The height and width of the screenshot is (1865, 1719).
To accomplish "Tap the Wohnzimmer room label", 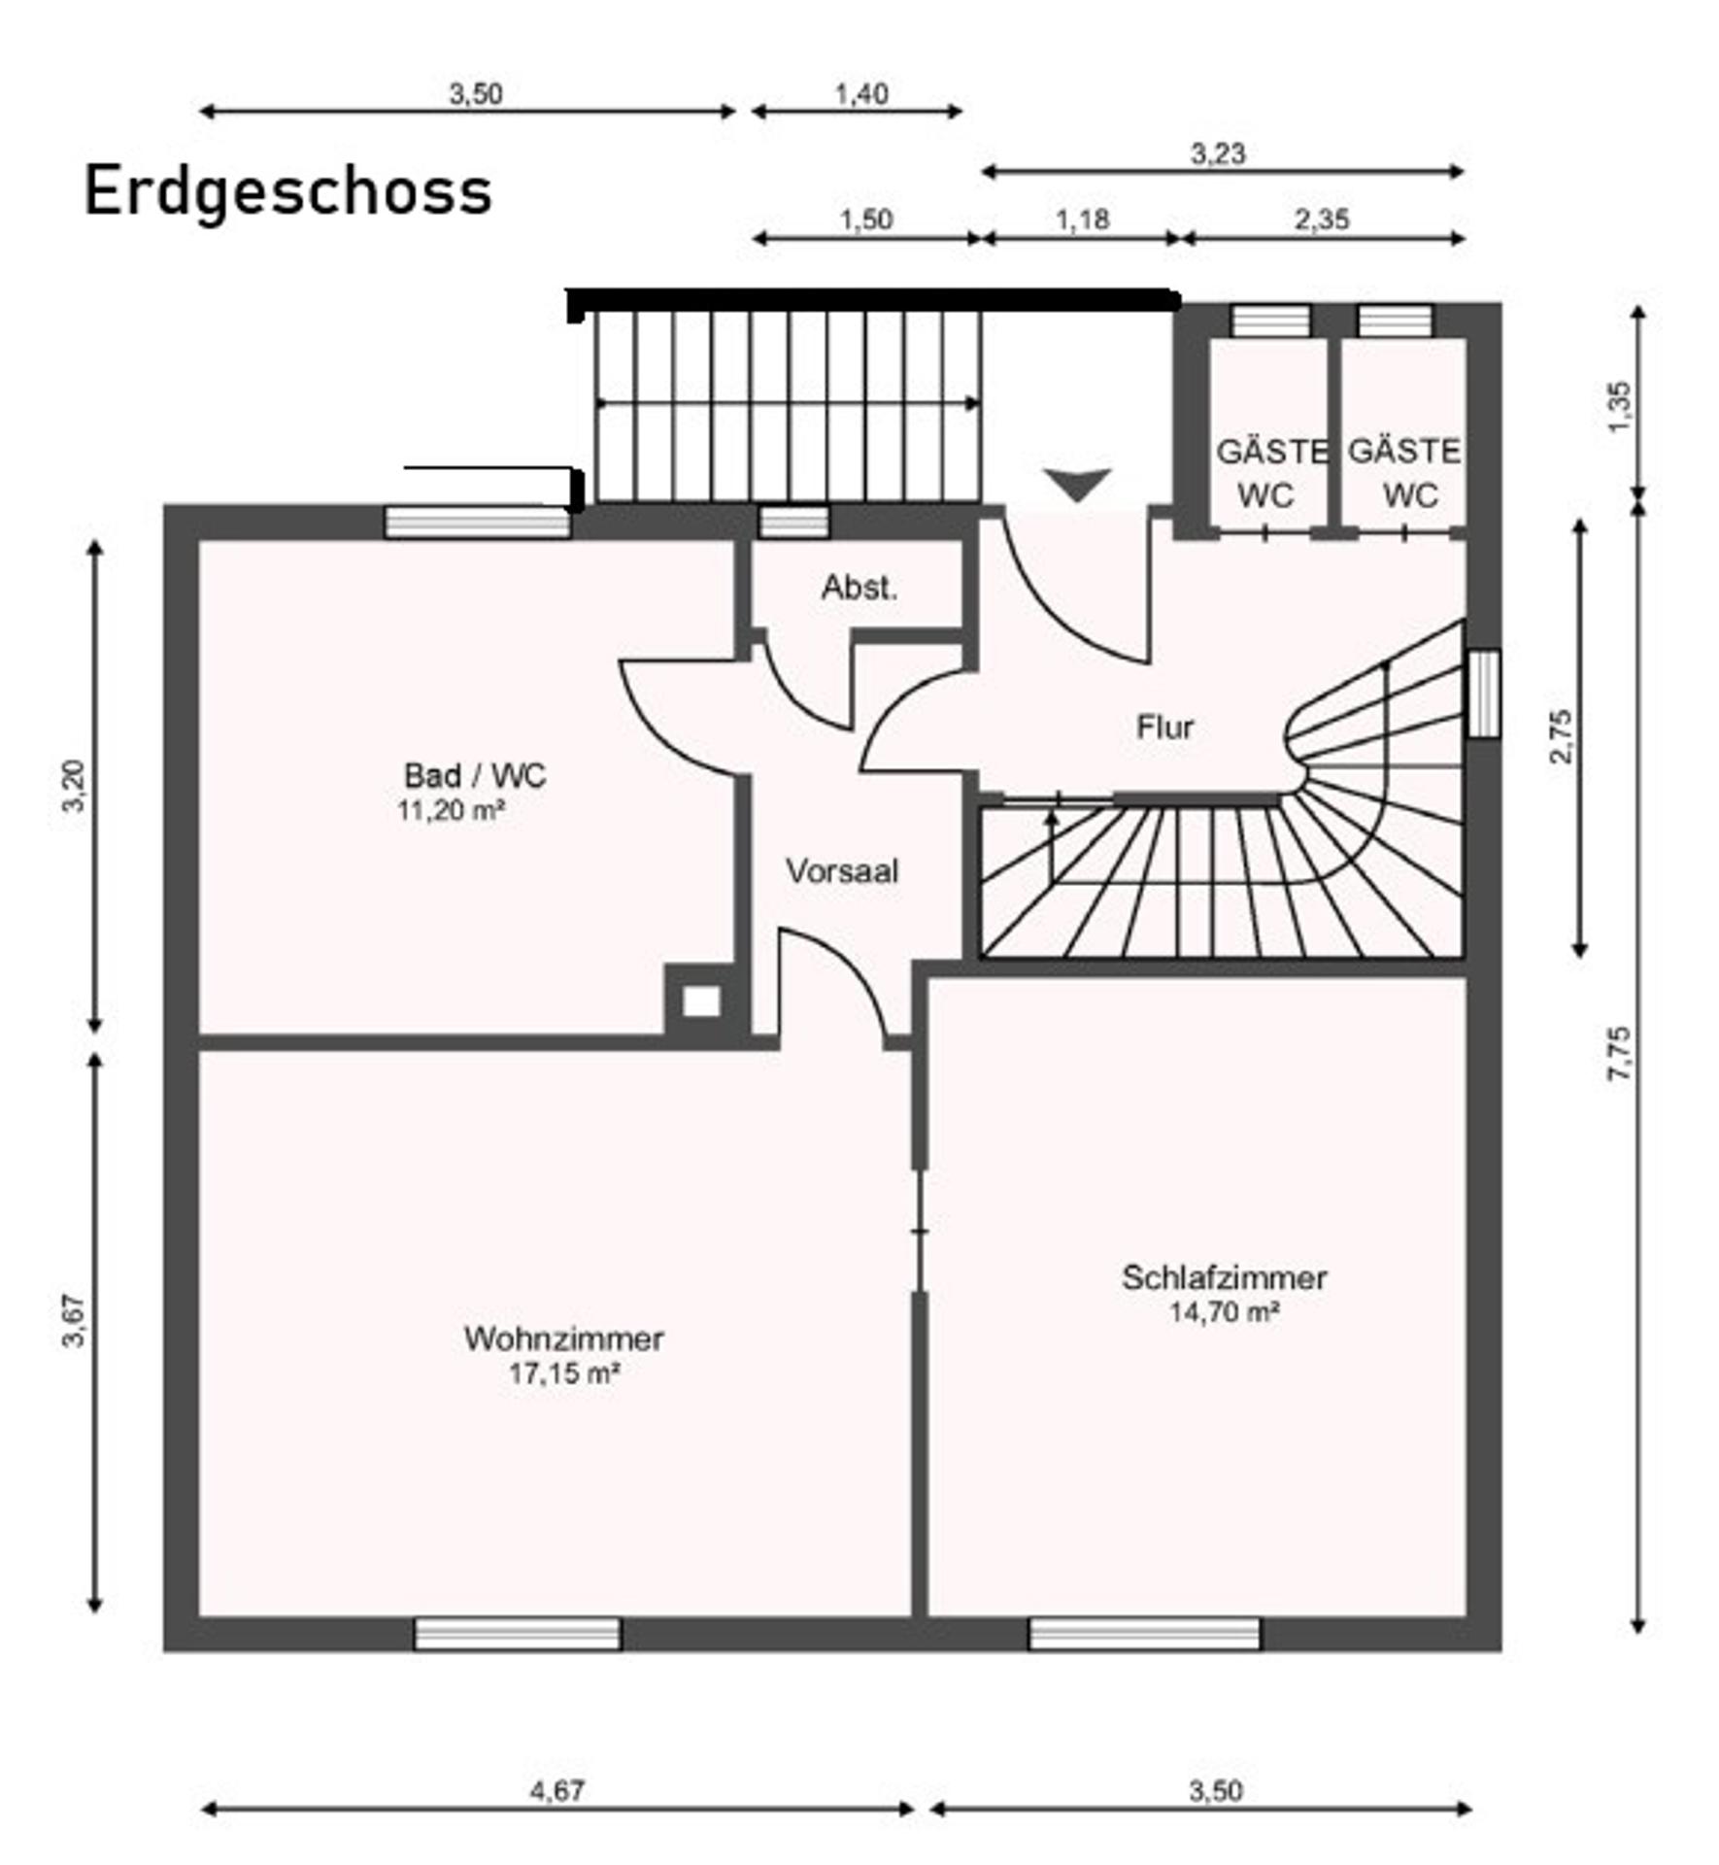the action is point(564,1339).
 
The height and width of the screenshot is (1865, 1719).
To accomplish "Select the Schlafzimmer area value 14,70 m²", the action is point(1224,1312).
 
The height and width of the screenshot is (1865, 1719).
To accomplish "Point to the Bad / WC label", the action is point(475,775).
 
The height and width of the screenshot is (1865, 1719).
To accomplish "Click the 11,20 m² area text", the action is point(451,810).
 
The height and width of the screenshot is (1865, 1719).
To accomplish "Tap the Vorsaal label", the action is point(842,871).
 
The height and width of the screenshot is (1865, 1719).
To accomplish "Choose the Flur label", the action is point(1164,727).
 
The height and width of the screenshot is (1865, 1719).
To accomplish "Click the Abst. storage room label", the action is point(859,587).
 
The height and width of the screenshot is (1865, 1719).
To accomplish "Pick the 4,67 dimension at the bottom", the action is point(557,1789).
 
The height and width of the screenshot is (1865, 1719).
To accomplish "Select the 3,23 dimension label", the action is point(1218,153).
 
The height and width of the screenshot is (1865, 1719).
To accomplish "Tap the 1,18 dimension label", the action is point(1082,220).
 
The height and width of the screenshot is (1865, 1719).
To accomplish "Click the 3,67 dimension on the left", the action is point(74,1322).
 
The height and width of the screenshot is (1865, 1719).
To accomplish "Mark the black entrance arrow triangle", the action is point(1077,484).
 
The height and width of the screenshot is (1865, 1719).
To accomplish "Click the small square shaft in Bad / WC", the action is point(701,1001).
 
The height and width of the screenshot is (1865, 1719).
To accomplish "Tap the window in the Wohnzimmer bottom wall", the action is point(518,1634).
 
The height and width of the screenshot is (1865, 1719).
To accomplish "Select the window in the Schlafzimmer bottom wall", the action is point(1145,1634).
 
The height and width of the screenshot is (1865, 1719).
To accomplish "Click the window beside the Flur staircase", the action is point(1483,694).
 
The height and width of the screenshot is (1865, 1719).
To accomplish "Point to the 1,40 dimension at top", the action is point(861,94).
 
